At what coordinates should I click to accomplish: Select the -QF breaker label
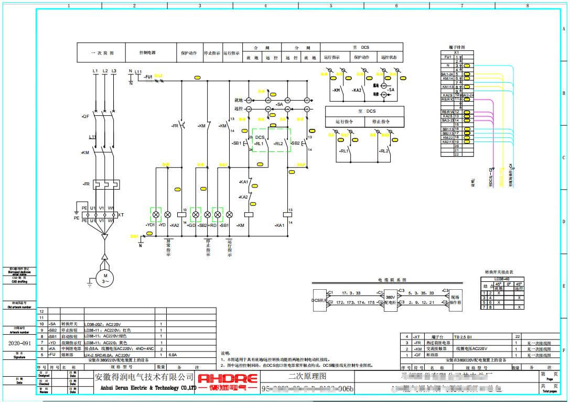pos(85,116)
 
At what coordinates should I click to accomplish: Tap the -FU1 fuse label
pos(148,76)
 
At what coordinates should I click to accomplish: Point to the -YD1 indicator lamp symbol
pos(156,215)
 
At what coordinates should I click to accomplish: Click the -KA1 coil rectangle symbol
pos(288,214)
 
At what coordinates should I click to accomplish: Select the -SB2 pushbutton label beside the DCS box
pos(295,143)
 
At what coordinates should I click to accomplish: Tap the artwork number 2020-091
pos(19,344)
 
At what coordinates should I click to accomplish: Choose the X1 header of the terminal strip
pos(456,53)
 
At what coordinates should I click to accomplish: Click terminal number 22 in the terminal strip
pos(457,155)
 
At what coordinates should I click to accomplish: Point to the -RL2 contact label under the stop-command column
pos(384,151)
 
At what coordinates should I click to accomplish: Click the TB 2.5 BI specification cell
pos(464,336)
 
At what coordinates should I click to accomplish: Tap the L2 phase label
pos(105,71)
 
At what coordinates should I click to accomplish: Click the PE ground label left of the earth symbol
pos(77,217)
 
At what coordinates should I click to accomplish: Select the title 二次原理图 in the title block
pos(307,376)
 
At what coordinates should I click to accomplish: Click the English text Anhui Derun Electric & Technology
pos(144,389)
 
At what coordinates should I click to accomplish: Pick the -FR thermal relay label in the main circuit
pos(87,184)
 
